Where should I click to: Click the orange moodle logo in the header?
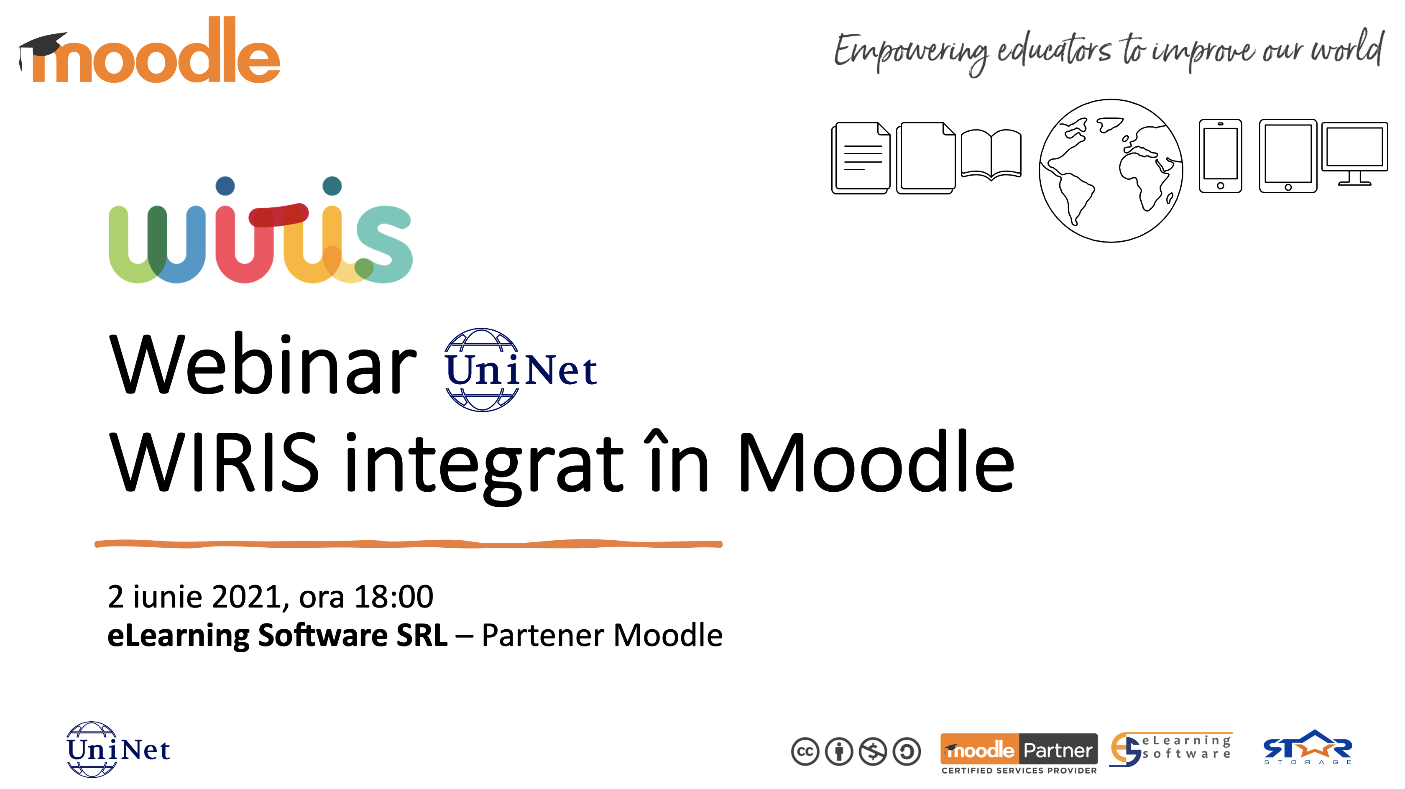[x=149, y=50]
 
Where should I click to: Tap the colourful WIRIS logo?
[x=261, y=230]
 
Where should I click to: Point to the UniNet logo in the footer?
[x=118, y=749]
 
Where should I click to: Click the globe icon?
[x=1111, y=171]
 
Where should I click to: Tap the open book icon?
[x=991, y=154]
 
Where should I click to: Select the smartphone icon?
[x=1220, y=156]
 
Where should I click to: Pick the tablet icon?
[x=1288, y=156]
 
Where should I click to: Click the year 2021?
[x=248, y=597]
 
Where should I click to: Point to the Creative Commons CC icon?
[x=805, y=752]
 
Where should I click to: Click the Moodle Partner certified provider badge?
[x=1019, y=753]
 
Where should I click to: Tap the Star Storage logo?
[x=1308, y=747]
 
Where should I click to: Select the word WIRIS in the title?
[x=214, y=462]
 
